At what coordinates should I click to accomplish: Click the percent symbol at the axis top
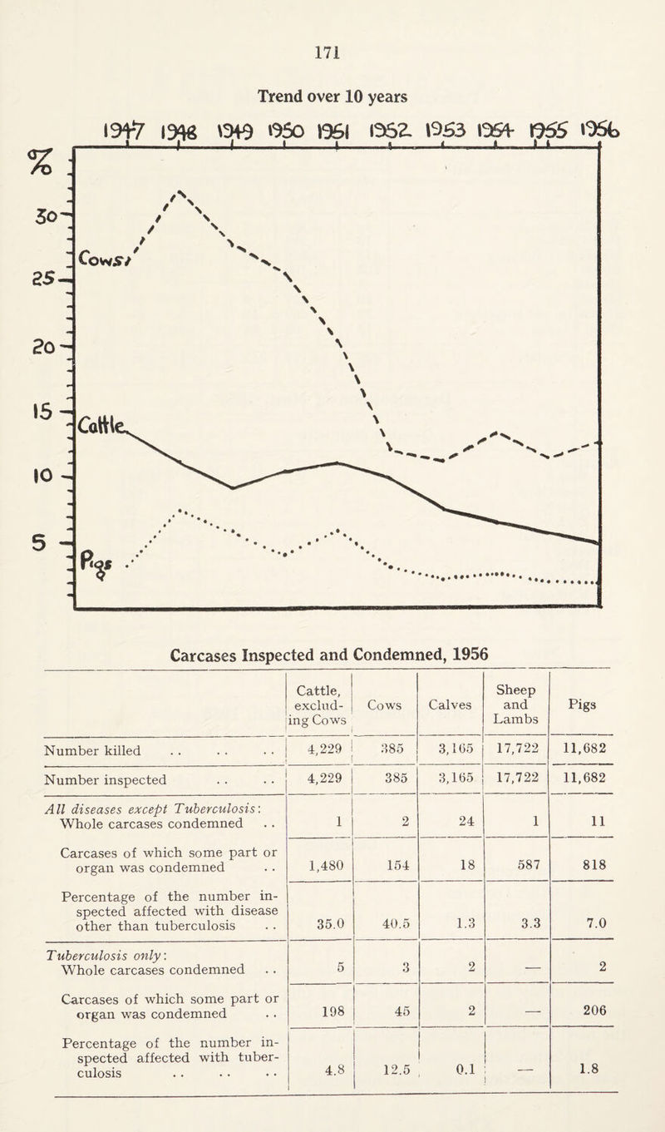[37, 157]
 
